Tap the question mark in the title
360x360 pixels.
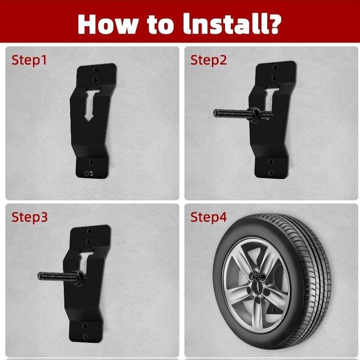click(273, 24)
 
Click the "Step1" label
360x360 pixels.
click(29, 60)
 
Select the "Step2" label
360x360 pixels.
click(208, 60)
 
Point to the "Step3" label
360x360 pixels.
click(30, 217)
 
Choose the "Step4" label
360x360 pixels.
click(208, 217)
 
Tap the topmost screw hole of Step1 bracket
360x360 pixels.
click(96, 69)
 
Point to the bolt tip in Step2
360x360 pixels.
click(216, 113)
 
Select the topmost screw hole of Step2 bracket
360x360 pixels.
click(275, 67)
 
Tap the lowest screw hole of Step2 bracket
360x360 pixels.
click(271, 172)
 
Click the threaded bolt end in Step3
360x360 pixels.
click(40, 276)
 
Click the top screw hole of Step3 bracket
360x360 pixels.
click(90, 230)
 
